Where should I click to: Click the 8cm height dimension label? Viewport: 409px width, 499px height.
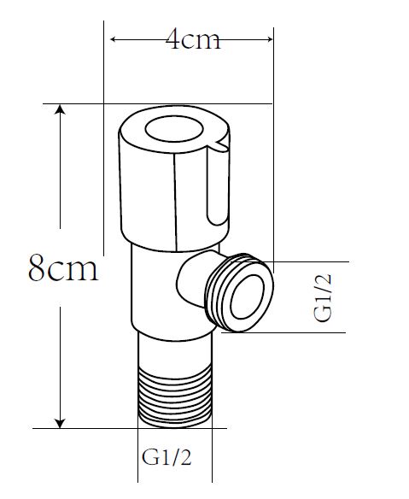(63, 269)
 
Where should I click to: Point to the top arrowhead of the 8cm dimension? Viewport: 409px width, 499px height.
(60, 110)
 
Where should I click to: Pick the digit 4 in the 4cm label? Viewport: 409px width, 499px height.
(174, 40)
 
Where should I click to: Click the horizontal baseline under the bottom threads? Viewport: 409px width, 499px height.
(128, 427)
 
